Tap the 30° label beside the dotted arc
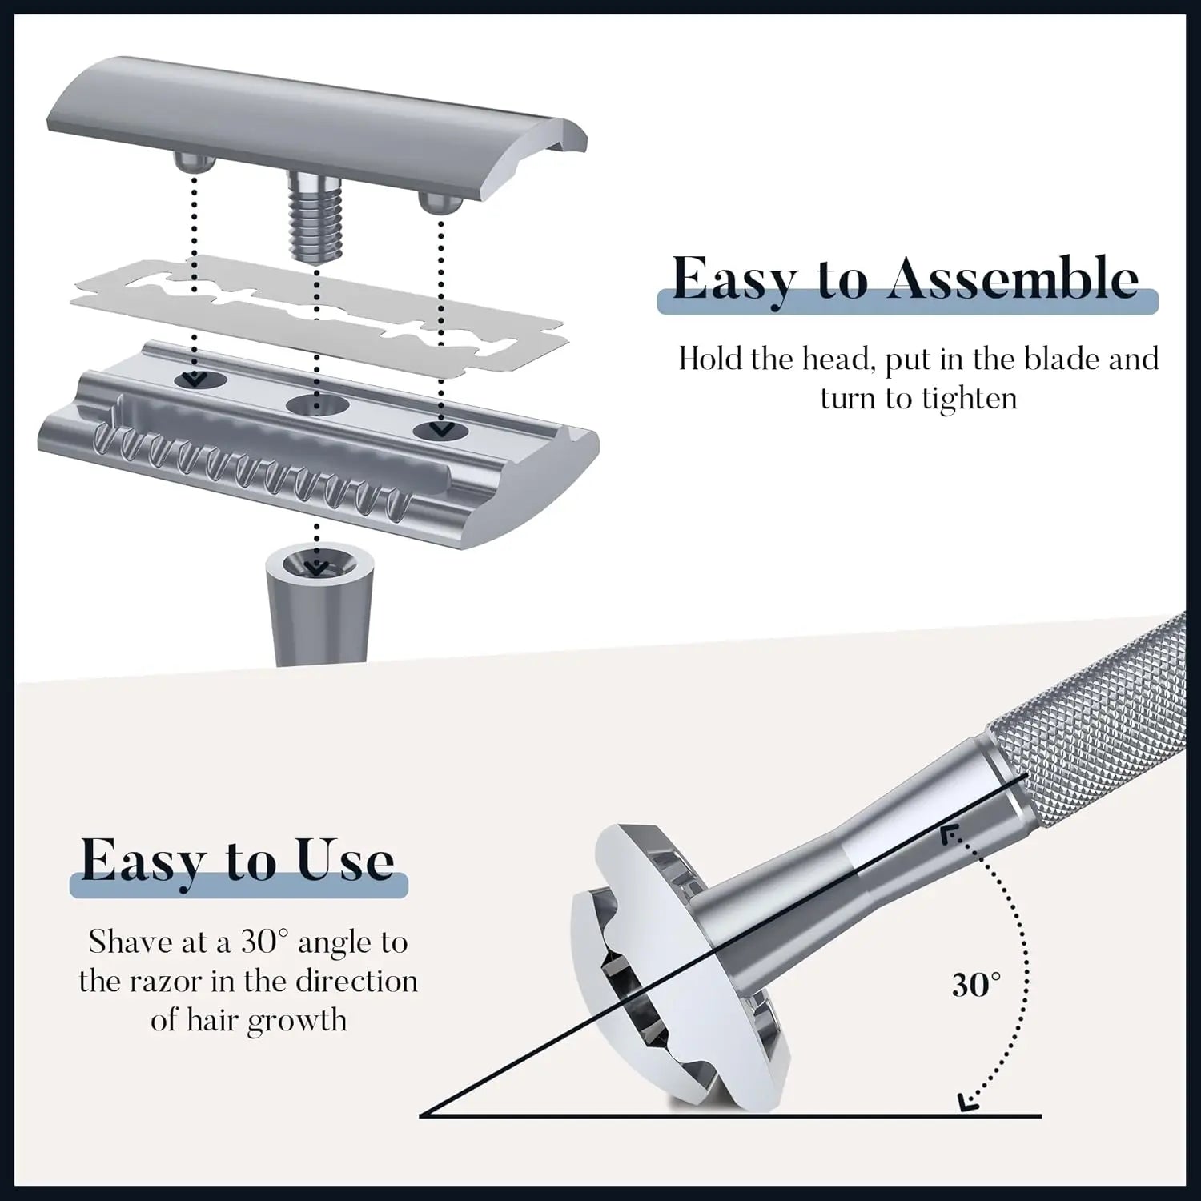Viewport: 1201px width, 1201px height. tap(976, 985)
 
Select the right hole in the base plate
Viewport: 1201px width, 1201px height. tap(440, 431)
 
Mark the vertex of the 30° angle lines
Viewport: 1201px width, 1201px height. tap(421, 1115)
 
